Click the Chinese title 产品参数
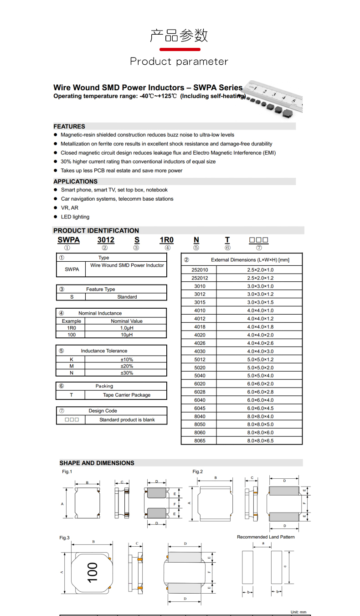[x=179, y=36]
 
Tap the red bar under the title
[x=180, y=49]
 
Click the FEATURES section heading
[x=69, y=126]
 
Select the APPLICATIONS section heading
[x=76, y=181]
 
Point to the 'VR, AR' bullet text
[x=70, y=208]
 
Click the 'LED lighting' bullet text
[x=75, y=217]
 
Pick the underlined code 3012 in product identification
[x=106, y=240]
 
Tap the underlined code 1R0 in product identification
[x=166, y=240]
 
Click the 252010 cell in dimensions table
[x=200, y=270]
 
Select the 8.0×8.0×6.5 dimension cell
[x=260, y=441]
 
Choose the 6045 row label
[x=200, y=408]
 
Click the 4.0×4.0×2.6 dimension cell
[x=260, y=343]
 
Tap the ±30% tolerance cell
[x=127, y=373]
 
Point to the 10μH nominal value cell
[x=127, y=335]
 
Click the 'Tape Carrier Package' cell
[x=127, y=395]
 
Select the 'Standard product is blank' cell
[x=127, y=420]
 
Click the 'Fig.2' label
[x=197, y=471]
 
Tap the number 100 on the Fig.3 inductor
[x=93, y=572]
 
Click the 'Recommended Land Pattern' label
[x=266, y=537]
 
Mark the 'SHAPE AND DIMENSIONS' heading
[x=97, y=463]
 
